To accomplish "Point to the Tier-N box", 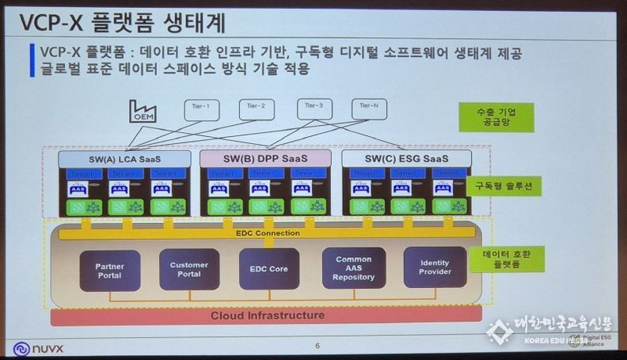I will point(370,108).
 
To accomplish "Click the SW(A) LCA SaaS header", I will point(124,160).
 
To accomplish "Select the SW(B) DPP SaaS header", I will point(265,160).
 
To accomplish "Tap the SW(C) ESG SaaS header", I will point(406,160).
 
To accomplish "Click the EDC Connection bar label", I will point(268,233).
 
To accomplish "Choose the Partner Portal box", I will point(109,271).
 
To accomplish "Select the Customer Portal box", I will point(188,269).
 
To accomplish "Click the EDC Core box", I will point(269,269).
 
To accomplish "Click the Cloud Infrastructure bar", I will point(267,316).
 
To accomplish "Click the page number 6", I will point(317,345).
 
